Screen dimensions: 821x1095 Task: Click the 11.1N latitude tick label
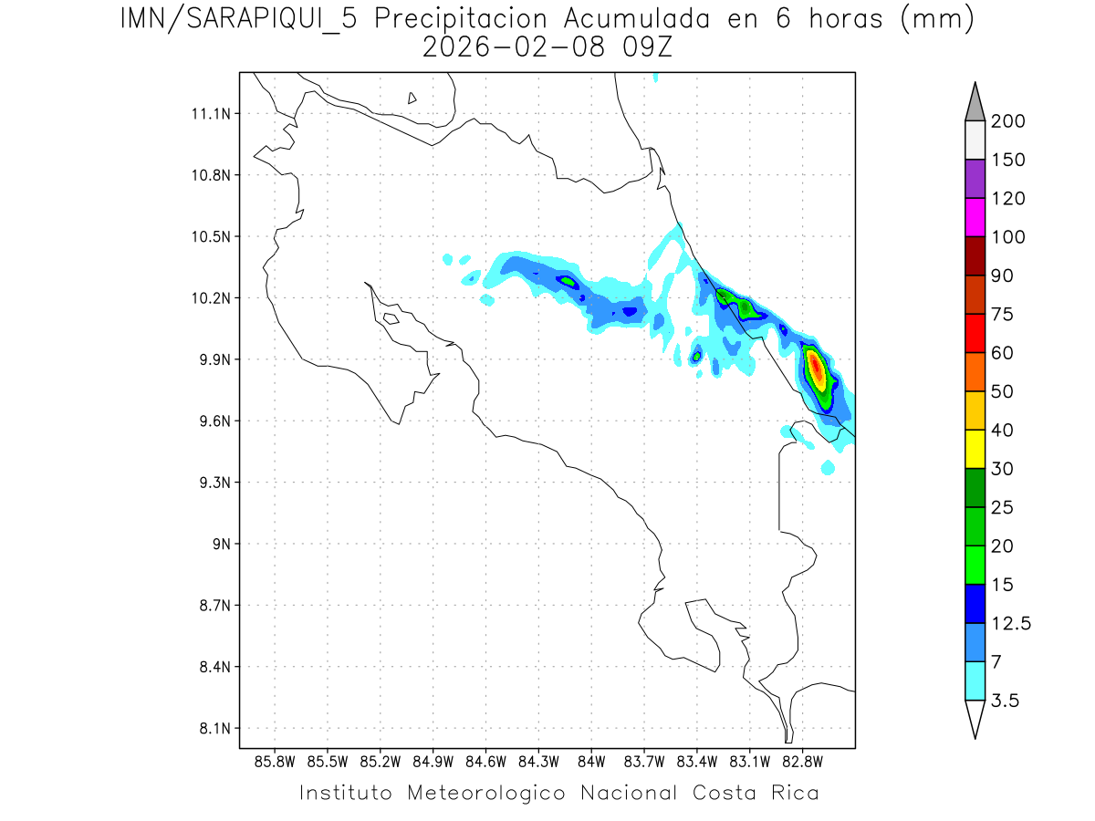[208, 114]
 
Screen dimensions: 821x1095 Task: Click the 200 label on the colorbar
[1007, 121]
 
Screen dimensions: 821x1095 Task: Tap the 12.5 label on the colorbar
[1011, 624]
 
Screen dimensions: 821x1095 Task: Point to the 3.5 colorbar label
[1006, 701]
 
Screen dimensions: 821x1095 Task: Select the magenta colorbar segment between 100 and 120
[974, 217]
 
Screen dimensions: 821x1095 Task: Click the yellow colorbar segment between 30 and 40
[974, 449]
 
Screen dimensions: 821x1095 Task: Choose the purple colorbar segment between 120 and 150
[974, 179]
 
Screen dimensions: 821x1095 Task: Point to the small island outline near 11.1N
[412, 98]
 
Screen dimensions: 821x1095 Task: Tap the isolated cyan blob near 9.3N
[828, 468]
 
